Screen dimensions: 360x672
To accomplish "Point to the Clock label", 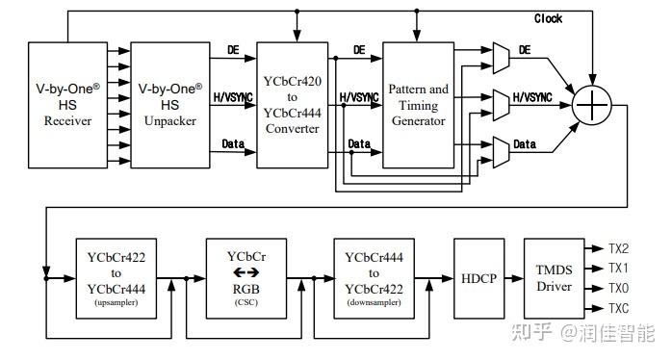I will coord(549,18).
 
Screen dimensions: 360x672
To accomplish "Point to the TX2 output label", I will coord(619,248).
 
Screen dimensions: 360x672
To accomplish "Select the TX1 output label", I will coord(619,268).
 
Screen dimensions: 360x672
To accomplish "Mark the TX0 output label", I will coord(619,288).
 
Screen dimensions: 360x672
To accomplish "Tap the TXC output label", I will coord(619,307).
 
